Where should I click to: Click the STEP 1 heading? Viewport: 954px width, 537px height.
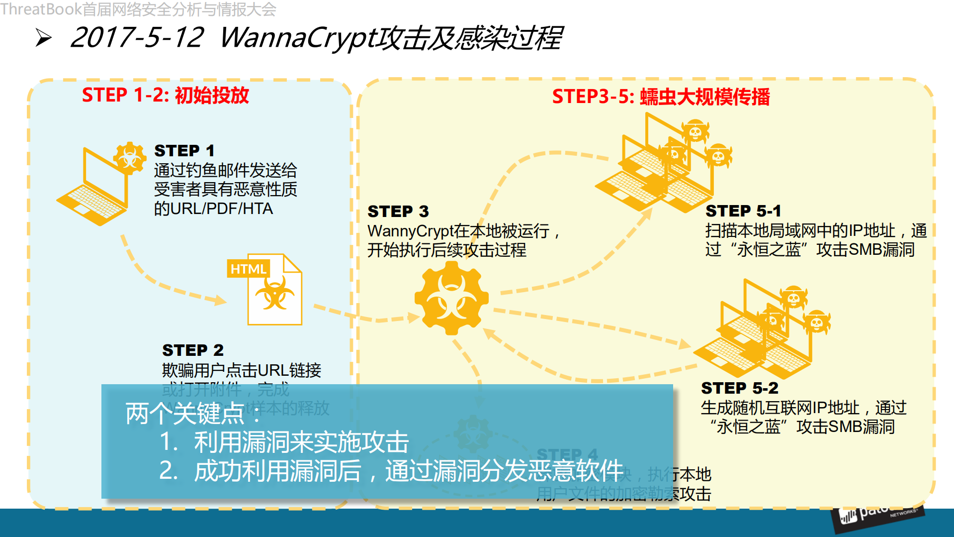(184, 150)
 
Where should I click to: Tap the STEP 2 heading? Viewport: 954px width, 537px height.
(192, 350)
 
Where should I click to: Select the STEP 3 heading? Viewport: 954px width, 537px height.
(398, 212)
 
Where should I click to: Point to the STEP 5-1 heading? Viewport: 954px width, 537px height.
(743, 211)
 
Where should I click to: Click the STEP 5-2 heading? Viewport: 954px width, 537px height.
(739, 388)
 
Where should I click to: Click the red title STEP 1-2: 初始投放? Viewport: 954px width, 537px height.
(165, 95)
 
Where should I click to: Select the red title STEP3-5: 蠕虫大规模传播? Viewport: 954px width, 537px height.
(661, 97)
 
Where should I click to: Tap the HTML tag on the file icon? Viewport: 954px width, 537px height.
(248, 269)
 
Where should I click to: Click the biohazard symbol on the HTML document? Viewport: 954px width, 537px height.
(274, 294)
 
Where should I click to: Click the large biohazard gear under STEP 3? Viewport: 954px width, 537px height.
(451, 298)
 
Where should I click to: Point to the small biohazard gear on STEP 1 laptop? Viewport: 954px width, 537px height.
(130, 158)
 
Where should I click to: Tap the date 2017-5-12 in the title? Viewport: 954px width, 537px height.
(137, 37)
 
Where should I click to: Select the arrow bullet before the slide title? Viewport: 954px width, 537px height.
(44, 38)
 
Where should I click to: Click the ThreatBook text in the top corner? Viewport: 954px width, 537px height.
(41, 8)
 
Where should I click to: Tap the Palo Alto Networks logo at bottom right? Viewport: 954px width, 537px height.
(877, 515)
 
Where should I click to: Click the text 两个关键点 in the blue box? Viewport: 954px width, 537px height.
(185, 413)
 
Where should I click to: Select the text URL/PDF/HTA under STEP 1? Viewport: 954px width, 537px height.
(221, 209)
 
